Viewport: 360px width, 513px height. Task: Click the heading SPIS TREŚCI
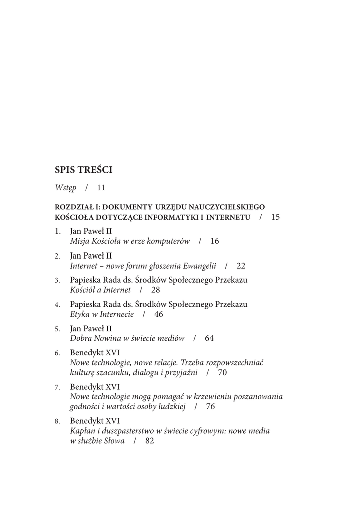click(x=83, y=170)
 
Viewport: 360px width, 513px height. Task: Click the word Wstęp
click(x=66, y=188)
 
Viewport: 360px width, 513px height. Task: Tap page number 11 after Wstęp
click(x=101, y=188)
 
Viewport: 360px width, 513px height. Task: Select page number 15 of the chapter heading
click(x=276, y=217)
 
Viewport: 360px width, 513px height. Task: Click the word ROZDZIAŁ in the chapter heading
click(x=74, y=206)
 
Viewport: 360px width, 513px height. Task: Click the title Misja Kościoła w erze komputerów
click(x=130, y=241)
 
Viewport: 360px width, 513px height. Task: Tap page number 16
click(x=215, y=241)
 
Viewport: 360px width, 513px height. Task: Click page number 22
click(x=241, y=265)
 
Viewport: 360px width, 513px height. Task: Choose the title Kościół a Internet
click(x=100, y=290)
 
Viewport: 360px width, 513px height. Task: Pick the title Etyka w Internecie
click(x=102, y=314)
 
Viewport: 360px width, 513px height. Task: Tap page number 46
click(x=159, y=314)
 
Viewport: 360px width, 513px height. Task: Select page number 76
click(x=210, y=406)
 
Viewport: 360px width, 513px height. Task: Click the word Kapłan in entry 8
click(x=82, y=431)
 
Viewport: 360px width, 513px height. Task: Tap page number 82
click(x=149, y=441)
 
